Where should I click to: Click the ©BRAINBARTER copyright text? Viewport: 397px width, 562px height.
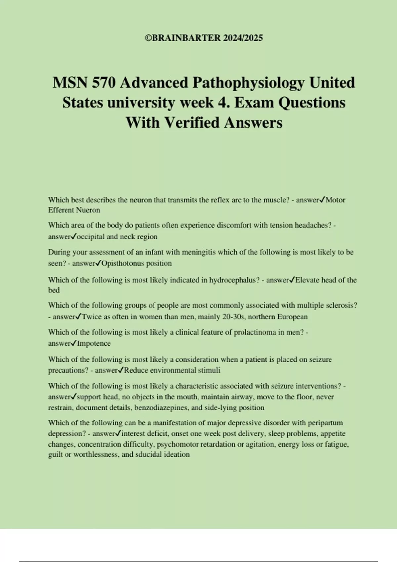(x=203, y=38)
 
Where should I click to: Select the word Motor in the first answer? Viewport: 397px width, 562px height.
(x=335, y=200)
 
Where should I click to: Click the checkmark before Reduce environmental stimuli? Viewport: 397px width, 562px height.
(x=121, y=370)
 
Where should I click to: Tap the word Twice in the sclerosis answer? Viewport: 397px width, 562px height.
(x=91, y=317)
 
